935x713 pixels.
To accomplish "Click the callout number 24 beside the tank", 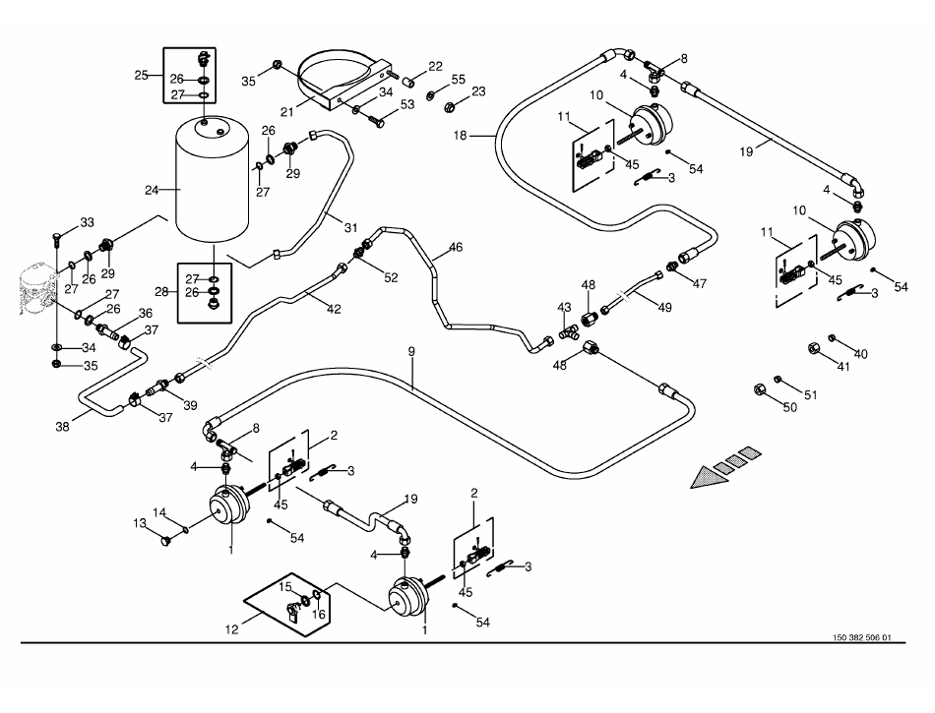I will (151, 190).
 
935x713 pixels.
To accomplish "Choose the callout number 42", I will (334, 309).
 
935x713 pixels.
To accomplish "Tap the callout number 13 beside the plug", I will (140, 523).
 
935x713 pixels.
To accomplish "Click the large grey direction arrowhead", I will (706, 479).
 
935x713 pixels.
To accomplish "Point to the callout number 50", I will (789, 407).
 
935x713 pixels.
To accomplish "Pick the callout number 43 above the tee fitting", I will (564, 309).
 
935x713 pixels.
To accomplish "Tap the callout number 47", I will (701, 283).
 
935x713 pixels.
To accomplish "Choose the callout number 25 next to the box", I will (142, 75).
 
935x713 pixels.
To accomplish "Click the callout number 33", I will (87, 221).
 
